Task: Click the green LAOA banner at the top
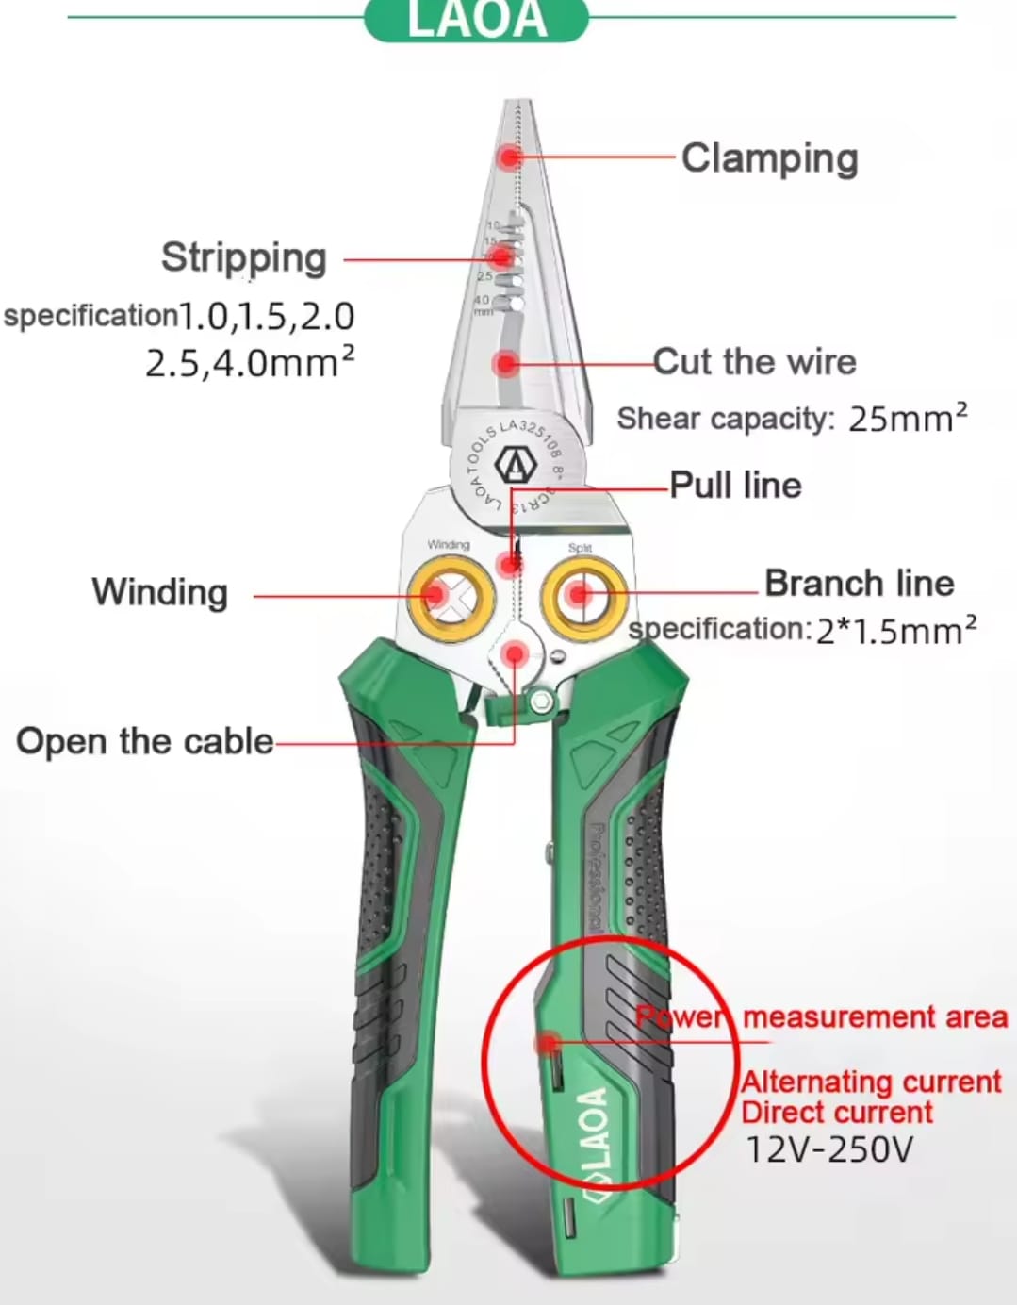(x=476, y=20)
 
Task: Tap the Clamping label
(x=769, y=158)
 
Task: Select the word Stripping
(x=244, y=257)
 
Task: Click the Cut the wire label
(x=754, y=362)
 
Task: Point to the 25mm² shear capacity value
(x=908, y=418)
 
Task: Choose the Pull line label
(x=735, y=486)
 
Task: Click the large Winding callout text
(x=160, y=592)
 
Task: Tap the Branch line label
(x=859, y=584)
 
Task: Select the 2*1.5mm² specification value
(x=895, y=630)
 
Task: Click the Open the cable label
(x=145, y=741)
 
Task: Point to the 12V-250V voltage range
(x=829, y=1149)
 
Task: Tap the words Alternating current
(x=871, y=1082)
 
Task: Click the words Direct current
(x=837, y=1113)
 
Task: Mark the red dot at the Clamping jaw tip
(x=510, y=156)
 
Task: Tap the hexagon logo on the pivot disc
(x=516, y=464)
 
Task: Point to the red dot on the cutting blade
(x=506, y=363)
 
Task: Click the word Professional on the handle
(x=596, y=877)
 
